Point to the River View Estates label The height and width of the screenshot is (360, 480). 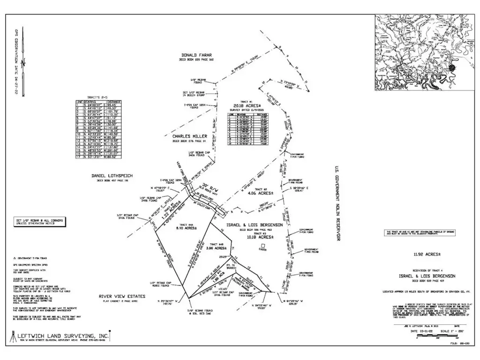pos(122,296)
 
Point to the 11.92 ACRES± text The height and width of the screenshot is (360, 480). pos(427,255)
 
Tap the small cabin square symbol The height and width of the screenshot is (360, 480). pos(263,246)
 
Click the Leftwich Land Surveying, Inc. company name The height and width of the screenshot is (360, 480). pos(63,336)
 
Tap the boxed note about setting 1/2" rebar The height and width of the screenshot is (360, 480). pos(39,222)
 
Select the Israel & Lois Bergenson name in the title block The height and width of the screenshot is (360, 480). pos(427,277)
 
